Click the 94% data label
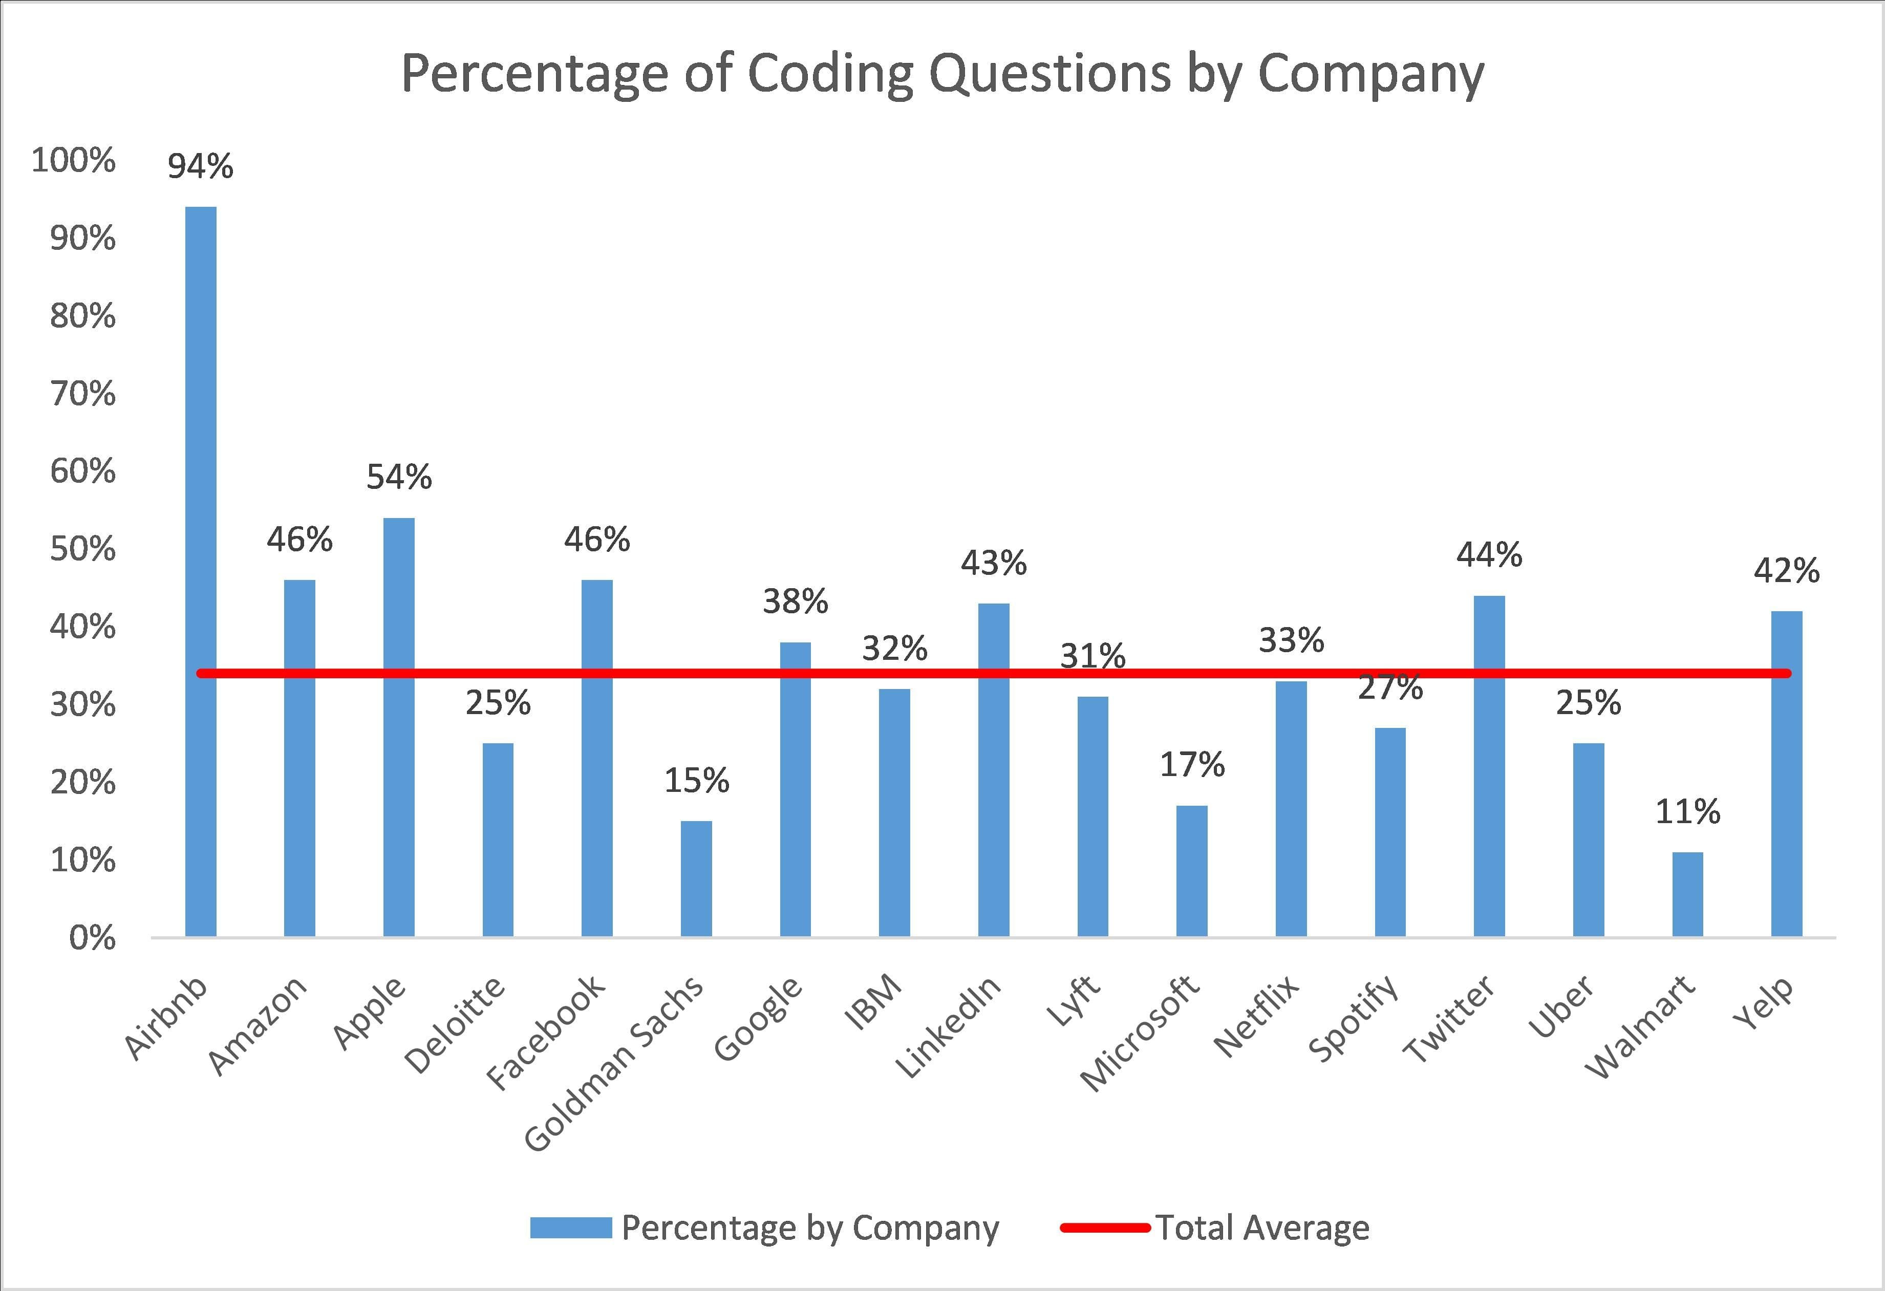[200, 166]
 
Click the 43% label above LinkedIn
[994, 563]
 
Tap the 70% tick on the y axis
[83, 394]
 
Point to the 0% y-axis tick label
[92, 938]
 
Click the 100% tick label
[74, 161]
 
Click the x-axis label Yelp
[1764, 1003]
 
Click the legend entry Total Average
[1262, 1228]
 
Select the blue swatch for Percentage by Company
[570, 1228]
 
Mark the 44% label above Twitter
[1489, 555]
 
